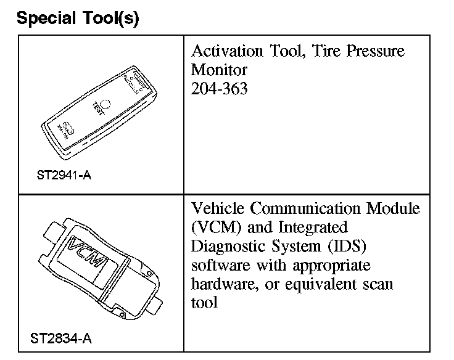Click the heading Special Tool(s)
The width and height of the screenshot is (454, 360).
click(x=78, y=18)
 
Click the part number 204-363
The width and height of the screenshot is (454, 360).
click(x=220, y=89)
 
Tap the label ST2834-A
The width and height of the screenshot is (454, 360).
click(x=61, y=338)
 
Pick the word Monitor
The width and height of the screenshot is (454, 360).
click(x=219, y=70)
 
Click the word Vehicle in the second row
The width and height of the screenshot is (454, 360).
click(x=217, y=208)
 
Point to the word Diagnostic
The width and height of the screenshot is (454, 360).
click(x=229, y=247)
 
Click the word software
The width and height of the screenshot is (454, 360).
click(x=217, y=266)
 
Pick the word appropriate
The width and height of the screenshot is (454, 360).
click(x=332, y=266)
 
